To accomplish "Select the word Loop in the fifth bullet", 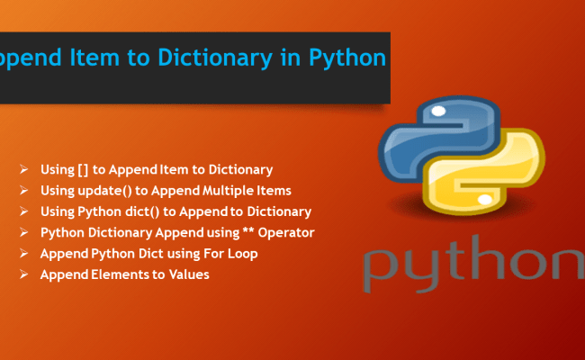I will (x=243, y=254).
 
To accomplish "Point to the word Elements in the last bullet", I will (x=118, y=274).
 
